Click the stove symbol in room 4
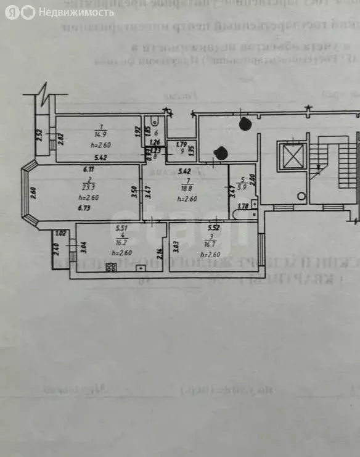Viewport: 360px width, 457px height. coord(112,268)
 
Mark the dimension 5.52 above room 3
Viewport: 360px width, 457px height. coord(215,228)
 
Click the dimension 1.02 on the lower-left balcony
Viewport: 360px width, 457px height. coord(60,233)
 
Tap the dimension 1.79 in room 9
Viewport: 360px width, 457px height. coord(180,145)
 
